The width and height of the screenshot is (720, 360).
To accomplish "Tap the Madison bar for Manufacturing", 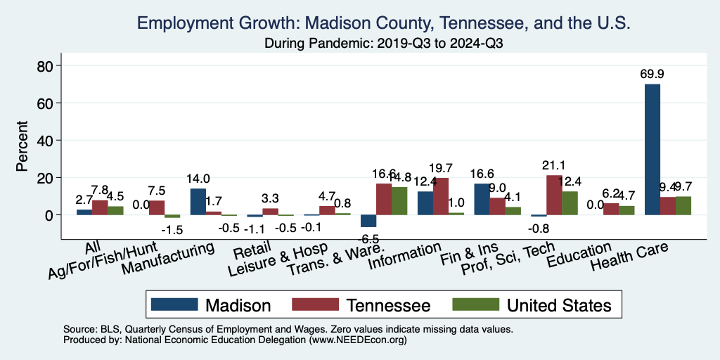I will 198,201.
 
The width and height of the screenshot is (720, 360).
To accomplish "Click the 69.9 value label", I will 652,73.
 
